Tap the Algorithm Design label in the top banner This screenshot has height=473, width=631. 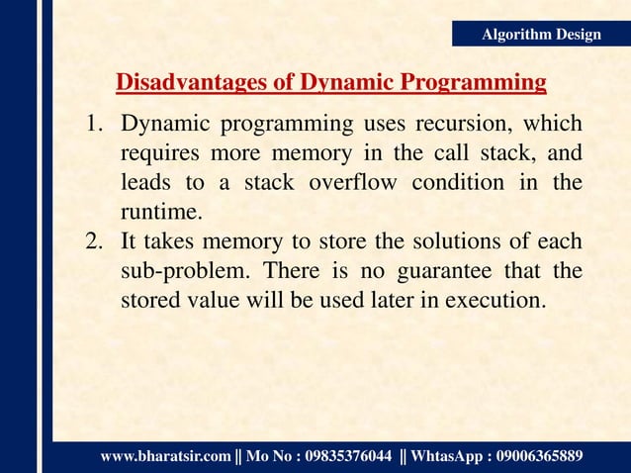pyautogui.click(x=540, y=35)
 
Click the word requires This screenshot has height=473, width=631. pyautogui.click(x=157, y=154)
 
